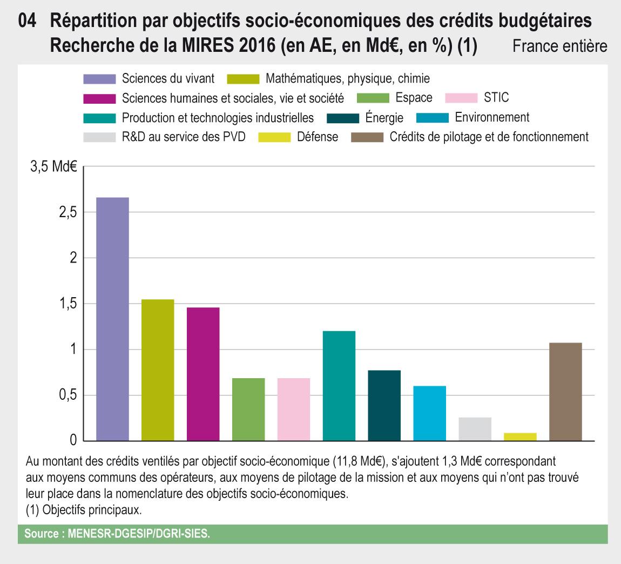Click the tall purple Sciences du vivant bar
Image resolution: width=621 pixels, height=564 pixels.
(112, 319)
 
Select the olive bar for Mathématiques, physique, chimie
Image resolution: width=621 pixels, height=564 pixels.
(158, 370)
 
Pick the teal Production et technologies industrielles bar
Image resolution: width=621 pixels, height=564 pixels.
(339, 386)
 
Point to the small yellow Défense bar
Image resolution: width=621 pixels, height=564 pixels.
(520, 437)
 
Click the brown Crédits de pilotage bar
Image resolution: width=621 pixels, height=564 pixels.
(565, 392)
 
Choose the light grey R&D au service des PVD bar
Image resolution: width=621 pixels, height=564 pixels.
(475, 429)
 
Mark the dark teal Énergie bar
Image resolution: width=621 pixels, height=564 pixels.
(384, 405)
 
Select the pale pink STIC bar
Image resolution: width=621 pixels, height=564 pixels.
(294, 409)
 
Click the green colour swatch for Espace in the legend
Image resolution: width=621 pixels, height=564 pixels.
(374, 98)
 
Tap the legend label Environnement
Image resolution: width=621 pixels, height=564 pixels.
(492, 117)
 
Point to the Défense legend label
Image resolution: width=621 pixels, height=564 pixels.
(318, 137)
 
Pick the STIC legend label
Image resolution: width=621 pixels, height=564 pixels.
(497, 98)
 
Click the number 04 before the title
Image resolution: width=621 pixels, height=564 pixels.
(28, 22)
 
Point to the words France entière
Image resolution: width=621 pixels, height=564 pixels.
(560, 46)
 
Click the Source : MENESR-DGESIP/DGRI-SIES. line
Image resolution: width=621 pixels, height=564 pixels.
(117, 534)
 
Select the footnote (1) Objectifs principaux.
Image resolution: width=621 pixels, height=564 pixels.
(83, 509)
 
